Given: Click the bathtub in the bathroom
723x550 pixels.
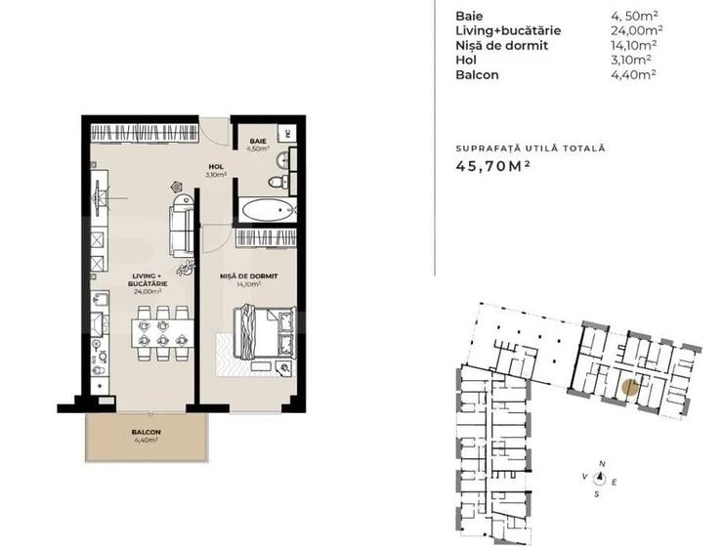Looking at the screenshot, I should (267, 209).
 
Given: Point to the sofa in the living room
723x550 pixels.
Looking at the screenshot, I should (182, 224).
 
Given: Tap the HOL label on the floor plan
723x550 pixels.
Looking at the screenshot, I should (215, 167).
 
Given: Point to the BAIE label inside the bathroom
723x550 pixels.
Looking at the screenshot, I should (258, 141).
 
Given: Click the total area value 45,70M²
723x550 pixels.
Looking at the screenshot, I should (493, 167).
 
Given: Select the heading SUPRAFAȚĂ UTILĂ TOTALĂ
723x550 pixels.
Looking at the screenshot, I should (531, 148).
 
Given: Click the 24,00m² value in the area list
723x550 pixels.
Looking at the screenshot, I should (632, 30).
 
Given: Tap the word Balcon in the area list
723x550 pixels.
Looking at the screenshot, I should (477, 73).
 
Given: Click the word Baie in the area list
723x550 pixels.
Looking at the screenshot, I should (469, 16).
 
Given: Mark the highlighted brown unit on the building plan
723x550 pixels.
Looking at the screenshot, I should (631, 387).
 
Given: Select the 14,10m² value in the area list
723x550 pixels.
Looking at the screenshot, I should (632, 45).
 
